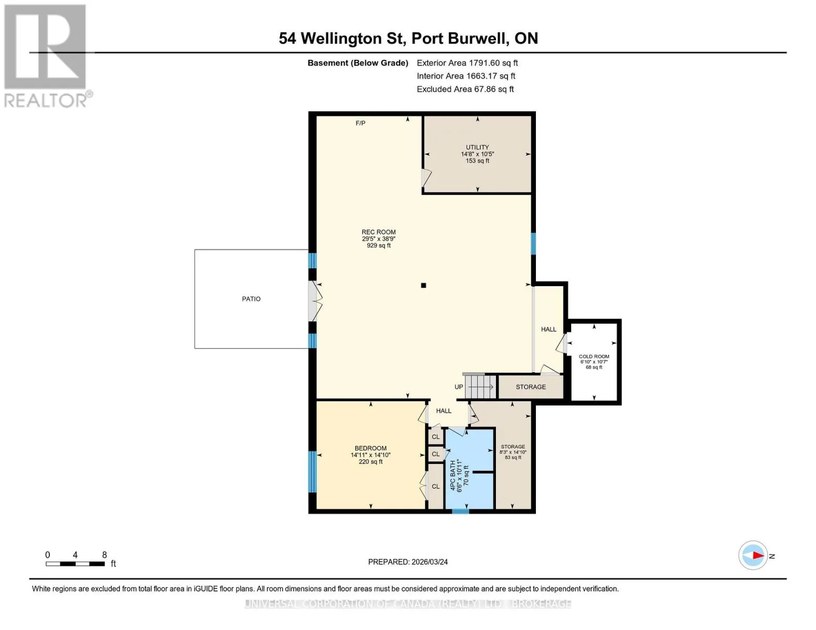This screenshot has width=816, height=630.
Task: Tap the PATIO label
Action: (251, 299)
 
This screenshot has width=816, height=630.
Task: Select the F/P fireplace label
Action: (360, 123)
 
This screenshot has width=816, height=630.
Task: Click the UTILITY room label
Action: (477, 147)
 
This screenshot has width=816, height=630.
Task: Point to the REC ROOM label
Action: (378, 232)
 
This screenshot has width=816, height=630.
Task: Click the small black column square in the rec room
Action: (423, 285)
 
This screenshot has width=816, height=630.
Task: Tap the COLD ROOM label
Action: (594, 356)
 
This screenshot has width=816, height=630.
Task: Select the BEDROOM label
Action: (370, 448)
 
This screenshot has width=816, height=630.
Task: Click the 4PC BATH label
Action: (452, 475)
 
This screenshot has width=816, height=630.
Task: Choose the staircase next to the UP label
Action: (480, 386)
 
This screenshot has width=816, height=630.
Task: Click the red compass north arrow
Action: (758, 555)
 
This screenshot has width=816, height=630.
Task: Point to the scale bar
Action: (75, 563)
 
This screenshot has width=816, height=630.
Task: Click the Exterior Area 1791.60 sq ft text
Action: (467, 63)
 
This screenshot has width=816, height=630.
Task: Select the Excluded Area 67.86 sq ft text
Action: (465, 89)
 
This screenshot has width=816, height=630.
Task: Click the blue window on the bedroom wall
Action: (312, 471)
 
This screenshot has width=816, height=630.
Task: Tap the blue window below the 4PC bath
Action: (460, 511)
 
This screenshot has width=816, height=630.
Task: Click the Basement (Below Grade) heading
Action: (357, 63)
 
